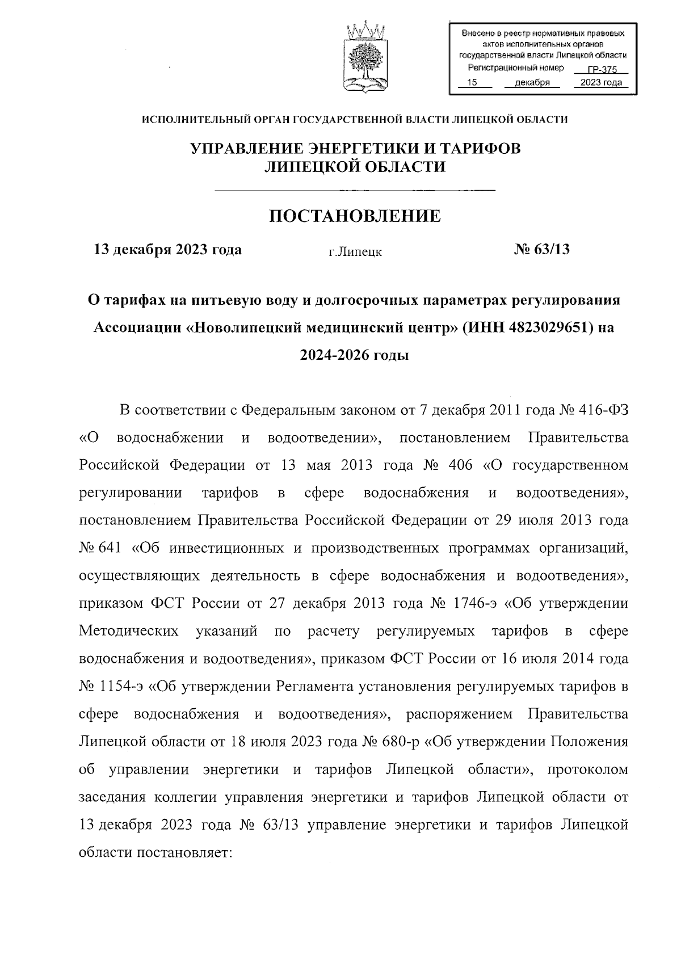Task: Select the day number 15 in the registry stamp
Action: [470, 83]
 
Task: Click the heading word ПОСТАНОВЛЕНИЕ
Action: [355, 216]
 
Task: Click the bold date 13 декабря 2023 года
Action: [167, 250]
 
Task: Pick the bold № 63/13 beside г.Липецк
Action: [541, 250]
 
